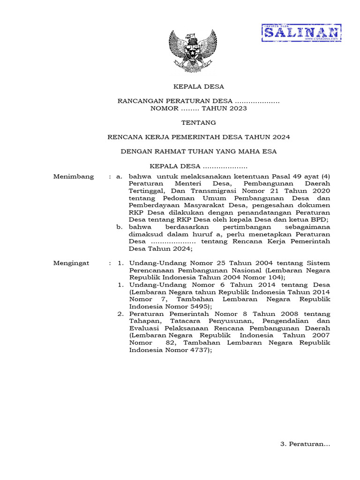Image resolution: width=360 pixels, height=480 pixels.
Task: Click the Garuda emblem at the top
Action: pos(192,50)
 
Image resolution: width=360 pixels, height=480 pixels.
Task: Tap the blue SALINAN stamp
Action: pos(301,33)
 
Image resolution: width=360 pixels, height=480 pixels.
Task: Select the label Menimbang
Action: pos(74,177)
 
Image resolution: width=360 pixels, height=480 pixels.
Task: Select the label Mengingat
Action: pos(71,263)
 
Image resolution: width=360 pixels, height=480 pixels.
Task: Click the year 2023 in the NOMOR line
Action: pos(237,108)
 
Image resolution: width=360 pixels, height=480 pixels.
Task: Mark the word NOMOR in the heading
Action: pos(164,108)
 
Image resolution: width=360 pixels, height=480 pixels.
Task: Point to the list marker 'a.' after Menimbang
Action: pos(120,177)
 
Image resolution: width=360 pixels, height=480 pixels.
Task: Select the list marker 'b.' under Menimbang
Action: pos(120,227)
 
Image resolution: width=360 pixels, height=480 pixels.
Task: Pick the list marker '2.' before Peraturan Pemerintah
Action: pos(120,314)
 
